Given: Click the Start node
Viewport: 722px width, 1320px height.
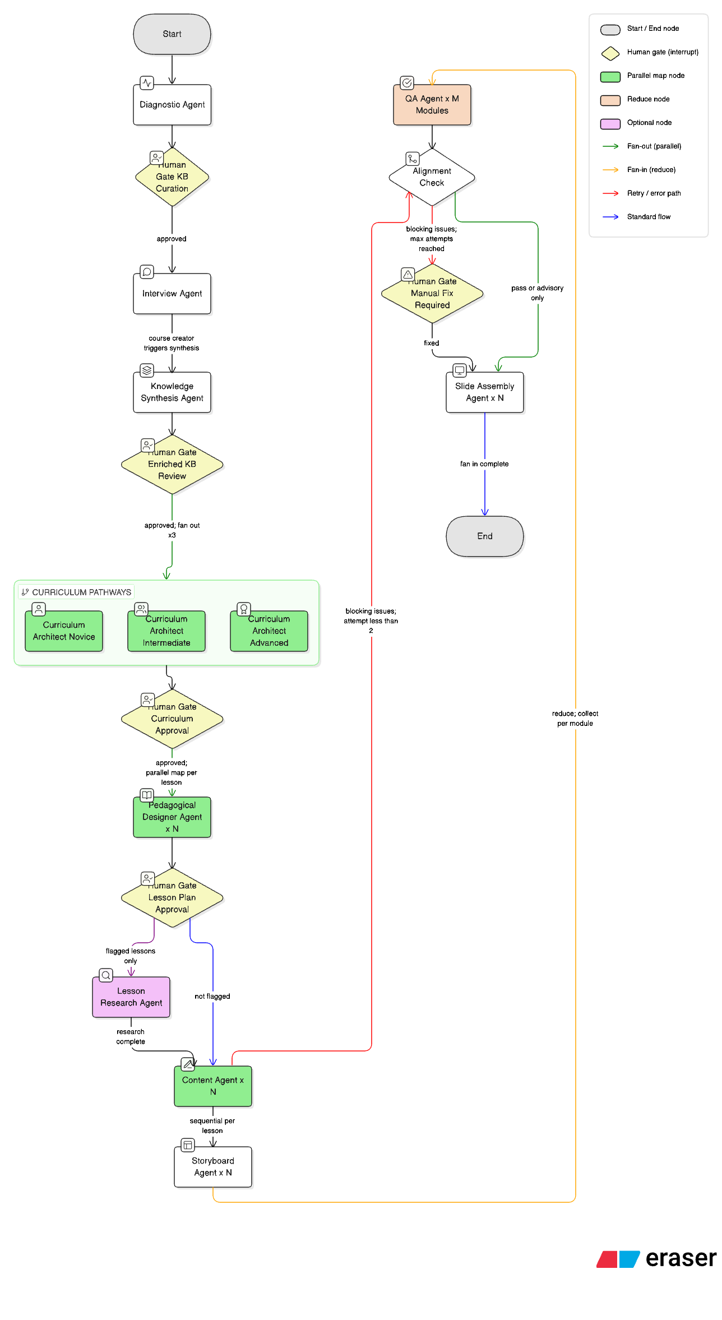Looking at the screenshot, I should pyautogui.click(x=172, y=34).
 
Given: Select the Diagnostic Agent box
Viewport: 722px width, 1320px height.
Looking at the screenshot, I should pyautogui.click(x=172, y=105).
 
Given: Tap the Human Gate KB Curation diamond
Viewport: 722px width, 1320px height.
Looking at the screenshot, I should pyautogui.click(x=172, y=177).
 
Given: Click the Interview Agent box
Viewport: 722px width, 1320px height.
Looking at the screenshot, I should pyautogui.click(x=172, y=294).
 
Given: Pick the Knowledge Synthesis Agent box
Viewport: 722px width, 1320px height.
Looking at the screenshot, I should pyautogui.click(x=172, y=392).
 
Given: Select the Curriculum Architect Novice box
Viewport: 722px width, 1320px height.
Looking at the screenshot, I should pyautogui.click(x=64, y=631).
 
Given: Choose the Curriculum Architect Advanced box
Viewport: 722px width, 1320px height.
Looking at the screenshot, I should pyautogui.click(x=269, y=631).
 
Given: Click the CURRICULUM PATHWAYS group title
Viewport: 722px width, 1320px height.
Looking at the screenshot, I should pyautogui.click(x=81, y=592).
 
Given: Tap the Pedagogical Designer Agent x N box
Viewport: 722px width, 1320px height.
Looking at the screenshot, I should pyautogui.click(x=172, y=817).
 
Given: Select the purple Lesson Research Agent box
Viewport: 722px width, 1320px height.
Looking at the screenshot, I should pyautogui.click(x=131, y=997).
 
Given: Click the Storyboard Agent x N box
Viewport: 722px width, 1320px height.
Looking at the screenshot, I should pyautogui.click(x=213, y=1167).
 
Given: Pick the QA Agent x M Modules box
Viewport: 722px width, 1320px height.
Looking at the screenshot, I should pyautogui.click(x=432, y=105).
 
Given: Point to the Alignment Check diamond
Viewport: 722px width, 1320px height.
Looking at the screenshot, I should pyautogui.click(x=432, y=177).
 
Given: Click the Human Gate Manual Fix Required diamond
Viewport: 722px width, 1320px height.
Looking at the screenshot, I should pyautogui.click(x=432, y=294).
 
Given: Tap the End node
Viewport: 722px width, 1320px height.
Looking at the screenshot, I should pyautogui.click(x=484, y=536).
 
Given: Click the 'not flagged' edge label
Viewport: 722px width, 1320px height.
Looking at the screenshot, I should pyautogui.click(x=212, y=997).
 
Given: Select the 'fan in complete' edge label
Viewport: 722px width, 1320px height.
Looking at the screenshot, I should pyautogui.click(x=484, y=464).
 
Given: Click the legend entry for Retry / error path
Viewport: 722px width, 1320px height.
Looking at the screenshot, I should pyautogui.click(x=654, y=193).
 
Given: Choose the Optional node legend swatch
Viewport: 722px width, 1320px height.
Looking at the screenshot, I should pyautogui.click(x=610, y=123).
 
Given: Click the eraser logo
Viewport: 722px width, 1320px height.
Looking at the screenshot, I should pyautogui.click(x=656, y=1258).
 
